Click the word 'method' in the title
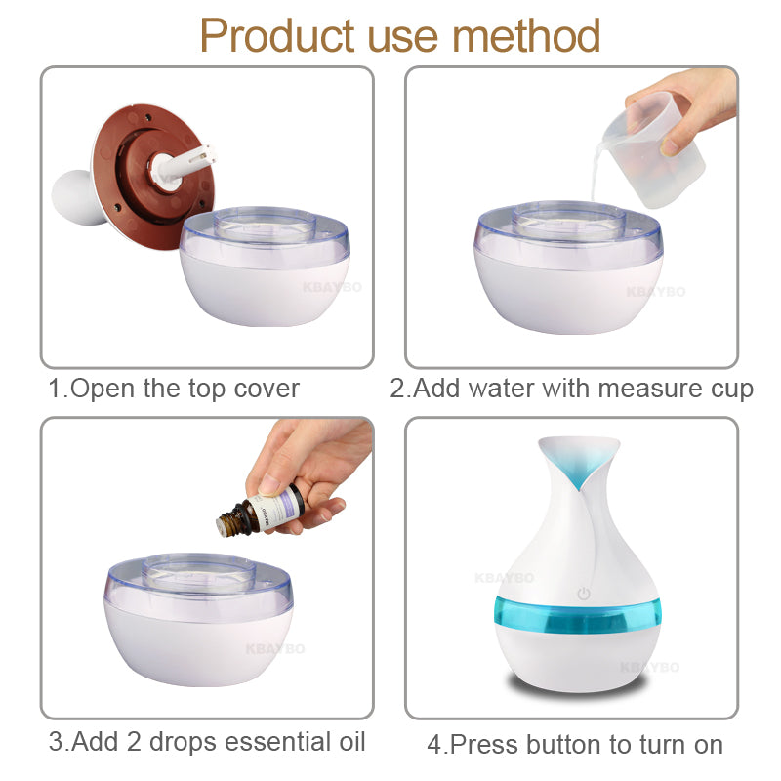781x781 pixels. point(526,36)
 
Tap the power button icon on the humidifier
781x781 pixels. point(584,593)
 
